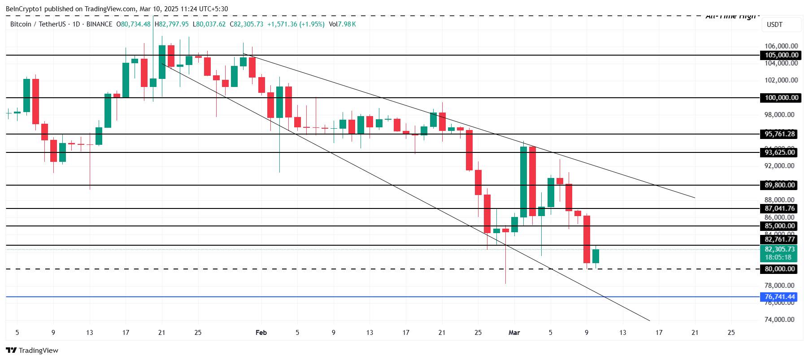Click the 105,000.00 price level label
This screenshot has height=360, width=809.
click(x=781, y=55)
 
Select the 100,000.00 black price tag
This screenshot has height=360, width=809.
click(x=781, y=98)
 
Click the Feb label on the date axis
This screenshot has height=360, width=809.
click(x=261, y=333)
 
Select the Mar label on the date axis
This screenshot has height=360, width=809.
click(x=514, y=333)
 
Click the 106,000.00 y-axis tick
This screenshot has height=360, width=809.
click(x=781, y=46)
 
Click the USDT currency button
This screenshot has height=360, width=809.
click(x=774, y=25)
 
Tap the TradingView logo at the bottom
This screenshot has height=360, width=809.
click(x=32, y=351)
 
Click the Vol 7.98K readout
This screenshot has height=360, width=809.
click(x=342, y=24)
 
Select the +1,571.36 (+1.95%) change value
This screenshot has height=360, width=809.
click(x=296, y=24)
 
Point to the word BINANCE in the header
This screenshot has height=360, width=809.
click(x=99, y=24)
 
